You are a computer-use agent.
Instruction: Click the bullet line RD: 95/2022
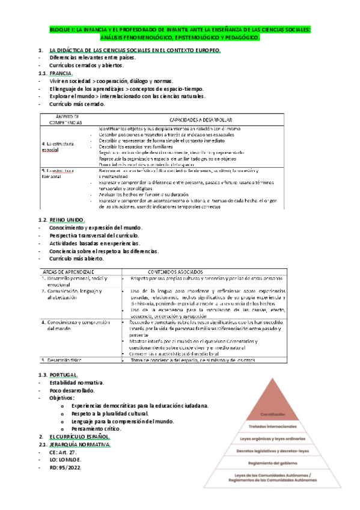pyautogui.click(x=66, y=467)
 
